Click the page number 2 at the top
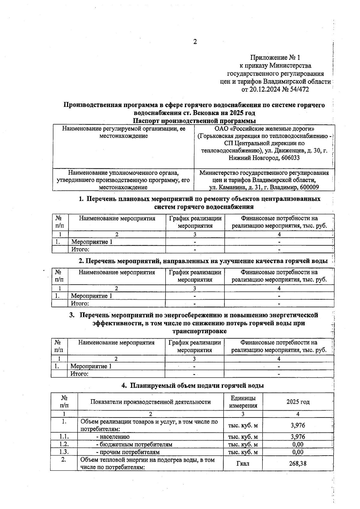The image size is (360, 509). pos(195,42)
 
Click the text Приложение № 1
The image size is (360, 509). pos(275,57)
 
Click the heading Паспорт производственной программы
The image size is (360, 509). pos(194,121)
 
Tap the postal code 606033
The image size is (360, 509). pos(290,158)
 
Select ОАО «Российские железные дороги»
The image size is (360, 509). pos(264,129)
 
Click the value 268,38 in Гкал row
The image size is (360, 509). pos(298,463)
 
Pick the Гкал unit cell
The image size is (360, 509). pos(243,463)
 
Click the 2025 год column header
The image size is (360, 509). pos(298,402)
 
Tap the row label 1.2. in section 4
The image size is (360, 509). pos(64,444)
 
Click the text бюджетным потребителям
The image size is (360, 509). pos(136,444)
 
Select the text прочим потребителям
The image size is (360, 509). pos(130,452)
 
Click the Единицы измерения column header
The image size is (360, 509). pos(243,402)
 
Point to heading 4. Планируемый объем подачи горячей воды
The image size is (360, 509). pos(193,385)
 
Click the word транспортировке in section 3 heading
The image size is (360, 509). pos(199,331)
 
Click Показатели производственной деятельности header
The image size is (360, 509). pos(150,402)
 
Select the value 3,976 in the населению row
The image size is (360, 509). pos(298,437)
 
